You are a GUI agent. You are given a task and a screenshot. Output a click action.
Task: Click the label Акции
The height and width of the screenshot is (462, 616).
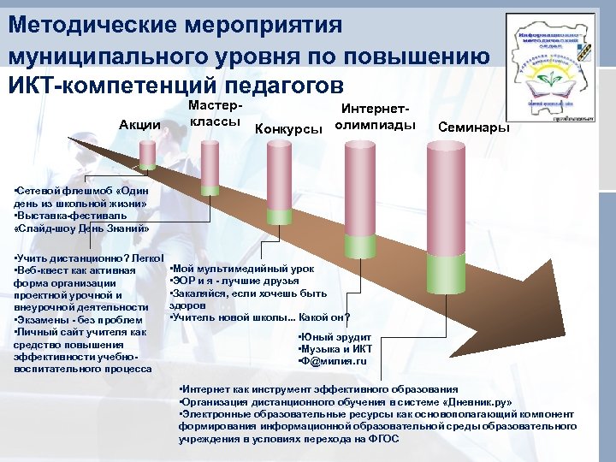click(139, 125)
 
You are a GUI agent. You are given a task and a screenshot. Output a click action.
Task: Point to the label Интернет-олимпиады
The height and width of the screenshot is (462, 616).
click(375, 118)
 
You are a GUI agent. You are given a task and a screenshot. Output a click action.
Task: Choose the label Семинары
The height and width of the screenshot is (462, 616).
click(473, 127)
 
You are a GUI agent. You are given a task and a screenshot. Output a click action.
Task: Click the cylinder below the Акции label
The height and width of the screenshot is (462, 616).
click(147, 154)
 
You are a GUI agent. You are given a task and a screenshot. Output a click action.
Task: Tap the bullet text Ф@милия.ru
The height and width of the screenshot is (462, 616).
click(334, 360)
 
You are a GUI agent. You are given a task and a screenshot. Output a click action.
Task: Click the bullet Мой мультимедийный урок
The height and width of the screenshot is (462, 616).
click(244, 268)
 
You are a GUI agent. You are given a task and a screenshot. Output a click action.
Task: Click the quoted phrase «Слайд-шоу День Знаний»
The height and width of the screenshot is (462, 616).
click(82, 228)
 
